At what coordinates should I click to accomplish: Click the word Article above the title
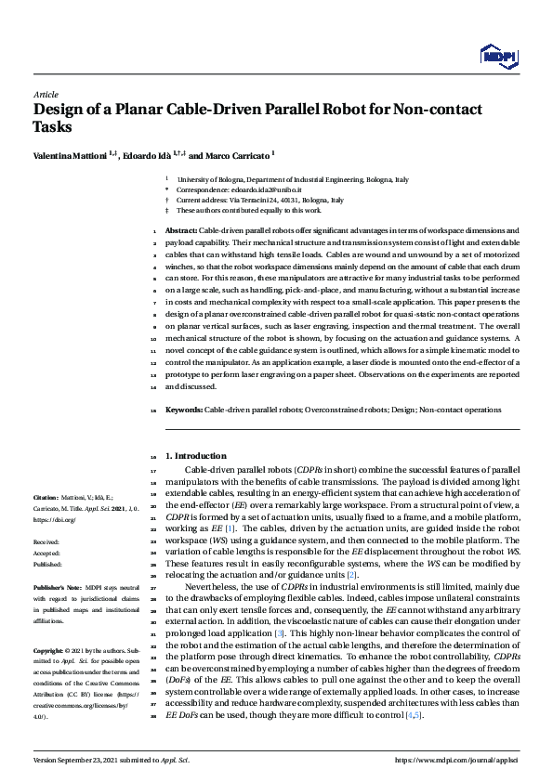coord(45,95)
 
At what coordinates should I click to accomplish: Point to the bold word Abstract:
coord(181,228)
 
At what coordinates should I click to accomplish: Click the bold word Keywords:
coord(183,409)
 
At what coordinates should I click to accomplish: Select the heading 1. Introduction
coord(195,456)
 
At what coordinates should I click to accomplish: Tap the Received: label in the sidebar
coord(46,541)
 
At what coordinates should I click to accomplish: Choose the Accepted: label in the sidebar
coord(46,552)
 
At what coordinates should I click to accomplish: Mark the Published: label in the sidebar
coord(47,563)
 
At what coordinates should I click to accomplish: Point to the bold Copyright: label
coord(51,650)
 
